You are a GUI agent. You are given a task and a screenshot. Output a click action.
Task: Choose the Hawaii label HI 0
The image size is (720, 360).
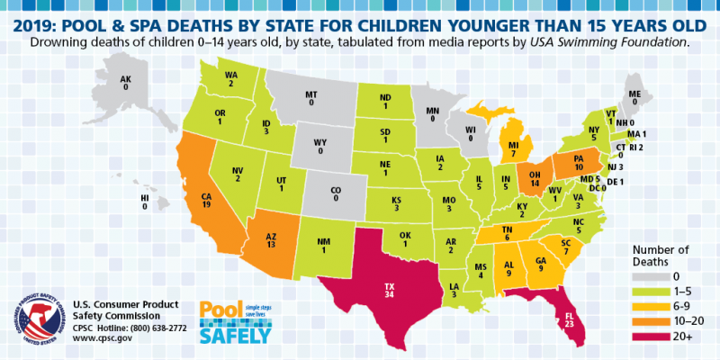pos(144,202)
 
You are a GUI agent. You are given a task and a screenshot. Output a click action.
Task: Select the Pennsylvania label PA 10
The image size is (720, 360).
pos(580,161)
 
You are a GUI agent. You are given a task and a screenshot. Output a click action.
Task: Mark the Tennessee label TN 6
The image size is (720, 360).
pos(507,232)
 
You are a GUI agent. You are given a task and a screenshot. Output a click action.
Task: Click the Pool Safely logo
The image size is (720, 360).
pos(234,321)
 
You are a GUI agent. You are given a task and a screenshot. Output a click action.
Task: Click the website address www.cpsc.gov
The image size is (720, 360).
pos(102,342)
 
